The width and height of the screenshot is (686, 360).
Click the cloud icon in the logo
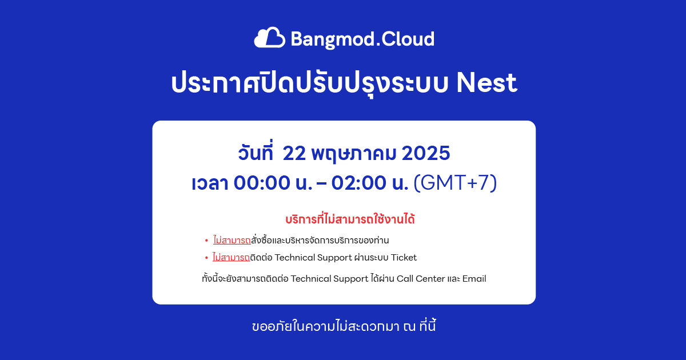tap(269, 38)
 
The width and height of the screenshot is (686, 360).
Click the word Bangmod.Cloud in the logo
tap(362, 39)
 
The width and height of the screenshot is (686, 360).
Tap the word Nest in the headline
tap(486, 83)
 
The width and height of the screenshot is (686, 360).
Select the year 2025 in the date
tap(426, 153)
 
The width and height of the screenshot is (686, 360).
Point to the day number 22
tap(294, 153)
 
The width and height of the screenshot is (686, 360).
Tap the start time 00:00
tap(262, 183)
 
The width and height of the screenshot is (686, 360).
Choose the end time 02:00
tap(359, 183)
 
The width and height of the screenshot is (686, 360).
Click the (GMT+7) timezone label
tap(455, 183)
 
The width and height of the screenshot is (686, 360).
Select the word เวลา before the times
tap(210, 183)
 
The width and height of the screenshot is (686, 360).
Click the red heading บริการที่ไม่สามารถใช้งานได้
tap(350, 219)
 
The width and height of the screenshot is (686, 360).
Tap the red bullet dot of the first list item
tap(206, 241)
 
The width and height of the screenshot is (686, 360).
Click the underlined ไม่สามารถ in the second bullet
tap(231, 258)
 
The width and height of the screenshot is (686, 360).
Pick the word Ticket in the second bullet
tap(404, 258)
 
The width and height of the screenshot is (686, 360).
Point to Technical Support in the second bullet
tap(313, 258)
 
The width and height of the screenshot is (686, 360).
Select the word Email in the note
tap(474, 279)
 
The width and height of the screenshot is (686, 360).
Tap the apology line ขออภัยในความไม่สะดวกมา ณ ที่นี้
tap(344, 326)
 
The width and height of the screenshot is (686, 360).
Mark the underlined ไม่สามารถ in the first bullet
tap(232, 241)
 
